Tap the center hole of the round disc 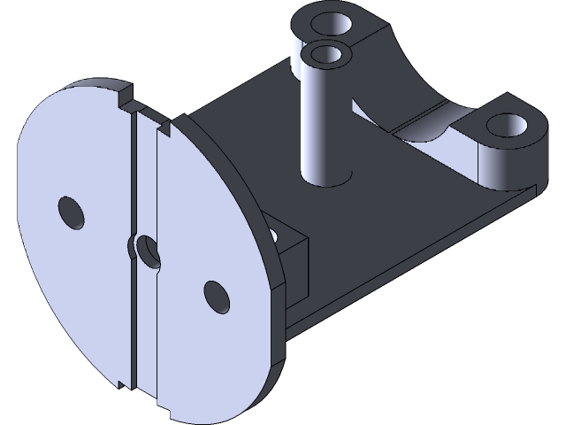[146, 251]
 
